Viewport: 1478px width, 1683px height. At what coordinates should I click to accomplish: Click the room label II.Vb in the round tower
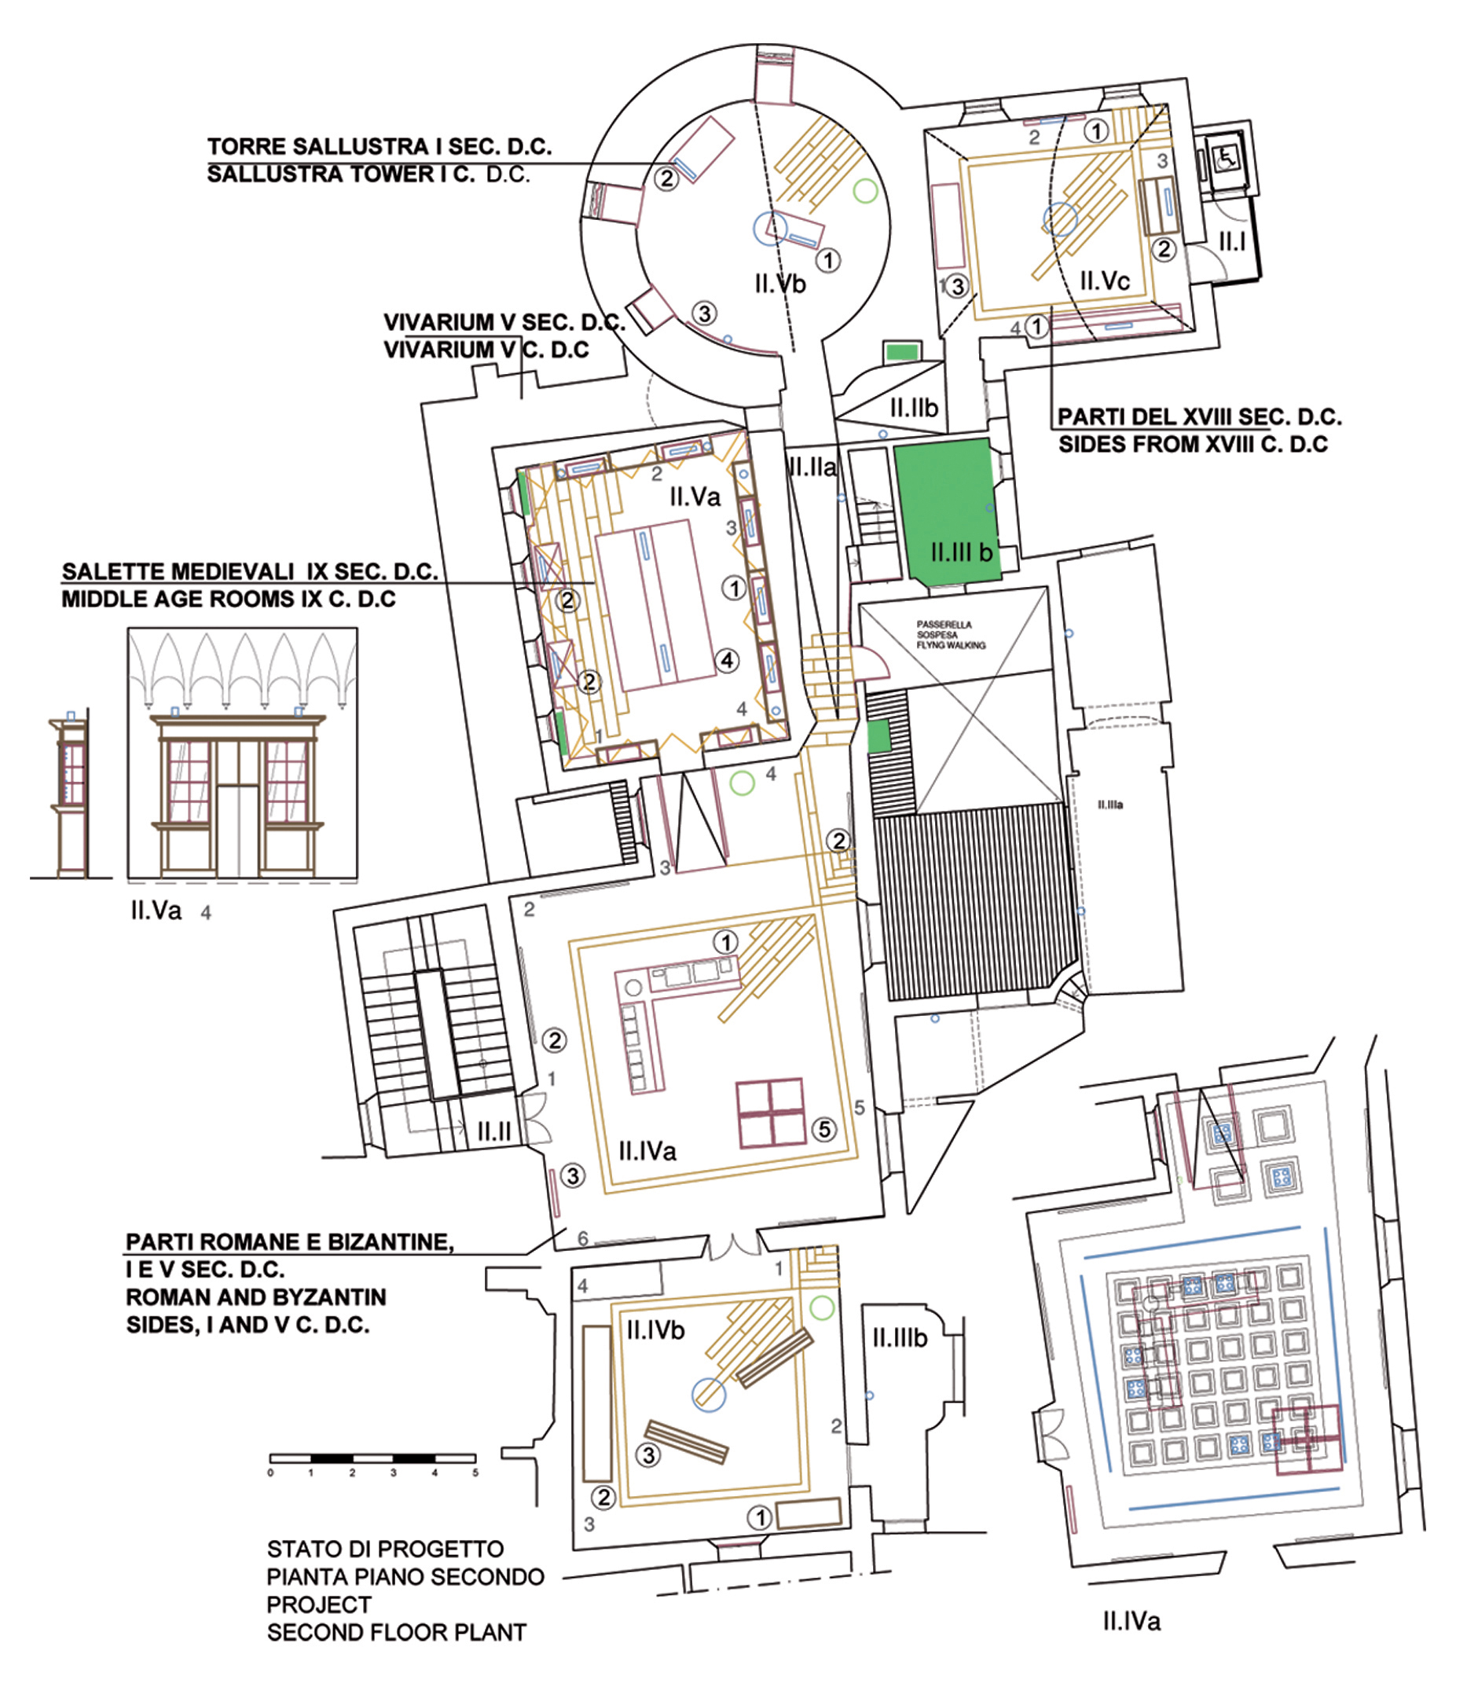point(779,284)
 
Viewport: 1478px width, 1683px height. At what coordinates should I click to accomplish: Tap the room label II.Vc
point(1104,280)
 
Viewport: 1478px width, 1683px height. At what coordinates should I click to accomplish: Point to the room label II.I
point(1232,241)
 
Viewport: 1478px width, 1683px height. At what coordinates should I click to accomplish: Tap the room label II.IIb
point(914,407)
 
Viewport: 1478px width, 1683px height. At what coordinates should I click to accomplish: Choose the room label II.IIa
point(812,467)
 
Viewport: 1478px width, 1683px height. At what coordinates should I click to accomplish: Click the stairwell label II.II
point(493,1132)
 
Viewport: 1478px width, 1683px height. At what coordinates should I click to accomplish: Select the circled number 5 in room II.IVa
point(824,1130)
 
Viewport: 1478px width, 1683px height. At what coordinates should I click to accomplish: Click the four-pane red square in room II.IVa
point(770,1113)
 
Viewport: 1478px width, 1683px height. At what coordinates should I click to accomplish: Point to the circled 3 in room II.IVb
point(649,1455)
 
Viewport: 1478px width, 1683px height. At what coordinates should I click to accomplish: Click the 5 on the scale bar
point(475,1472)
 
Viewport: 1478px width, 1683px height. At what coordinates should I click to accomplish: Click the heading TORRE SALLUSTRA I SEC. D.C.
point(380,147)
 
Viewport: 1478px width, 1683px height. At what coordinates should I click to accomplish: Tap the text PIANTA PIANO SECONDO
point(405,1577)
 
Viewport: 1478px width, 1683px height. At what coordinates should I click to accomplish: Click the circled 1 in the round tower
point(828,260)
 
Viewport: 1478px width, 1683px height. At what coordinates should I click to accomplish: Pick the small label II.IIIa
point(1110,805)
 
